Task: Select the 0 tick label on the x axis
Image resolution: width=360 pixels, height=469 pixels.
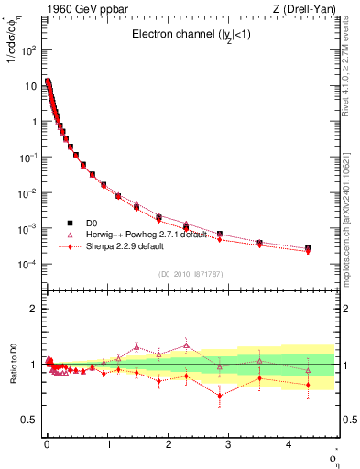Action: [x=47, y=445]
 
